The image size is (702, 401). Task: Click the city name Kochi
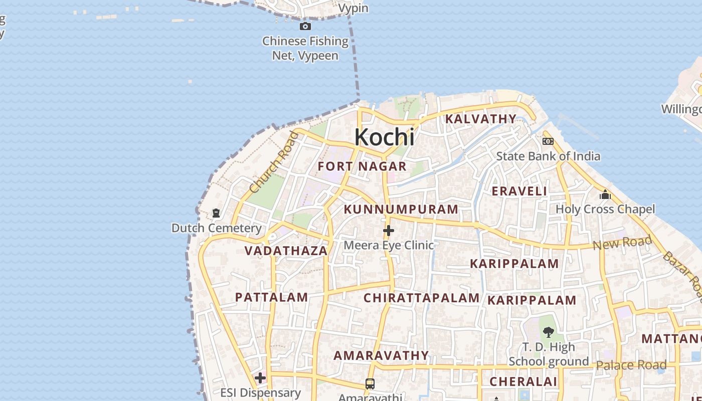(385, 137)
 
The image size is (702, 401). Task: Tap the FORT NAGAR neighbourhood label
(362, 166)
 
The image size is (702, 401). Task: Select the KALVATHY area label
(481, 119)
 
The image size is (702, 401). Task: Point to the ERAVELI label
(519, 191)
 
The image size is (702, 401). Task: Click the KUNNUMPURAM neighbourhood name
(401, 209)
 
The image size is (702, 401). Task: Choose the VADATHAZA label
(286, 250)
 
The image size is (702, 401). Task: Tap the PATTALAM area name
(272, 297)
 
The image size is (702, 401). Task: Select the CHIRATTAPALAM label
(422, 298)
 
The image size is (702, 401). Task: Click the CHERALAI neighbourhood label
(523, 381)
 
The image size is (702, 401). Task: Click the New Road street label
(622, 243)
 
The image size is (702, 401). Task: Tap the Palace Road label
(631, 365)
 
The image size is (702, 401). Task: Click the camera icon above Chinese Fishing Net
(305, 26)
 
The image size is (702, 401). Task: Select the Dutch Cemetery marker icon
(216, 214)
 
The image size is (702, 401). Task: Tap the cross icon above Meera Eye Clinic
(388, 231)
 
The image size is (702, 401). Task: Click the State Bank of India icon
(548, 142)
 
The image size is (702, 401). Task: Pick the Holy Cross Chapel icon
(605, 194)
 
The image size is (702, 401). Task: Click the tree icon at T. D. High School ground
(549, 332)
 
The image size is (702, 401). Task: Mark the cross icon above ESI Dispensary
(260, 377)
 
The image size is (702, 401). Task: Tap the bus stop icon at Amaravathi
(370, 384)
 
